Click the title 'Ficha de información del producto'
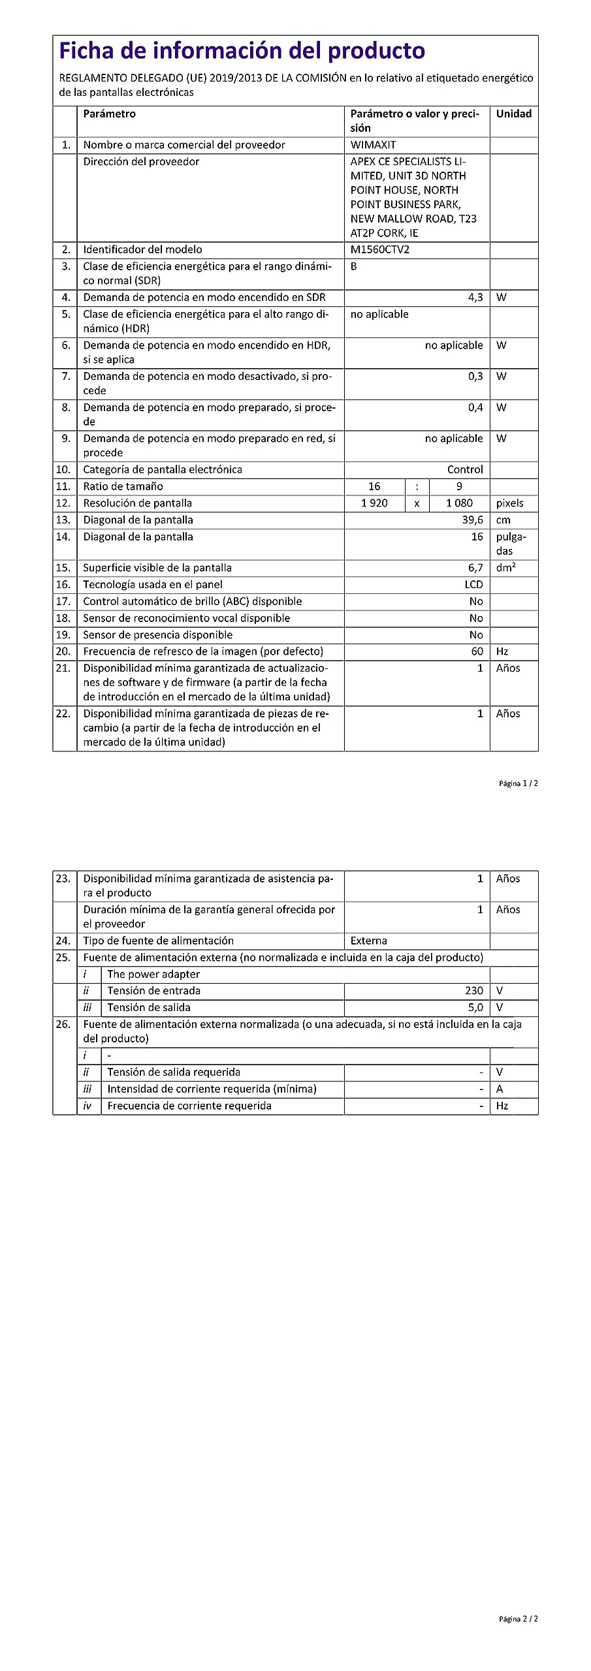click(x=242, y=51)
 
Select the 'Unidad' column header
click(x=513, y=114)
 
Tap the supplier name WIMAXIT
click(x=373, y=145)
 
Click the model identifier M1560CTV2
click(x=379, y=249)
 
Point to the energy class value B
click(x=354, y=266)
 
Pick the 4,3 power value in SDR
click(x=475, y=297)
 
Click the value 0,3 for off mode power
click(x=475, y=376)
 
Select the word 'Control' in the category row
click(x=465, y=469)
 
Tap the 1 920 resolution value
click(x=374, y=503)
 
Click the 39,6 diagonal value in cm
click(x=472, y=520)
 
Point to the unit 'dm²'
click(x=505, y=568)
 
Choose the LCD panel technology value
click(x=473, y=584)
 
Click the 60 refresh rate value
click(x=477, y=651)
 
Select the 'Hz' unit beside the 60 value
click(x=502, y=651)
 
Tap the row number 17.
click(x=63, y=601)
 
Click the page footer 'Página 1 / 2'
click(x=519, y=783)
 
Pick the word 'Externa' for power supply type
click(x=368, y=941)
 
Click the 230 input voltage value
click(x=474, y=991)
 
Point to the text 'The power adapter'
click(x=153, y=974)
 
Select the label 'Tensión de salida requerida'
click(x=174, y=1072)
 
